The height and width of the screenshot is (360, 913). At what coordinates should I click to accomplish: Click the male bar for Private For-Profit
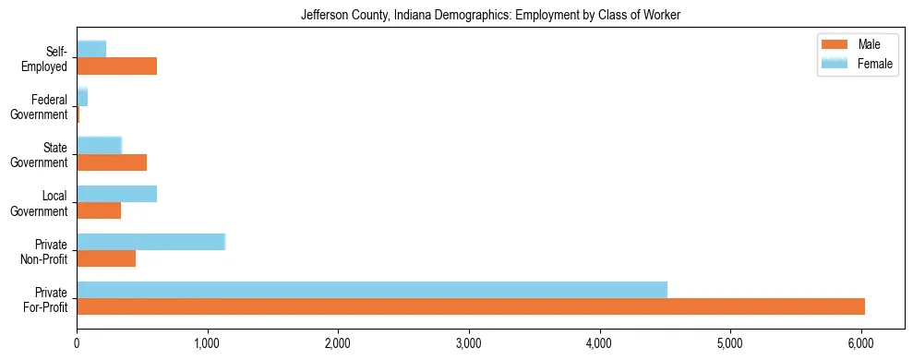coord(470,306)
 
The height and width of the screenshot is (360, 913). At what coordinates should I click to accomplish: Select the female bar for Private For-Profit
coord(371,290)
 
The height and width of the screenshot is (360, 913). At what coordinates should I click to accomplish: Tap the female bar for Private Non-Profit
coord(150,242)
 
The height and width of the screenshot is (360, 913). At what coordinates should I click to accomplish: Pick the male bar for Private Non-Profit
coord(106,258)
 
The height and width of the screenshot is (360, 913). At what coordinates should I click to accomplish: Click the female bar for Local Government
coord(116,194)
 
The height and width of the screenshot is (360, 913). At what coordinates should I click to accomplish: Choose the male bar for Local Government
coord(99,210)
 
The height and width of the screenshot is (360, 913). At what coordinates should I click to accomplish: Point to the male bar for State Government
coord(112,162)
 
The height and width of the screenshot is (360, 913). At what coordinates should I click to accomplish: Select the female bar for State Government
coord(99,145)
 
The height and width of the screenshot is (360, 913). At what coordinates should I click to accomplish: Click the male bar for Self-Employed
coord(116,66)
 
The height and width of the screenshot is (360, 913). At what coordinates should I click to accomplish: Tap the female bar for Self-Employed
coord(91,49)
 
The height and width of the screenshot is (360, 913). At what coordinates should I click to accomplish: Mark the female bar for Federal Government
coord(82,97)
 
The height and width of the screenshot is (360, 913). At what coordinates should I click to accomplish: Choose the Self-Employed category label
coord(46,58)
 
